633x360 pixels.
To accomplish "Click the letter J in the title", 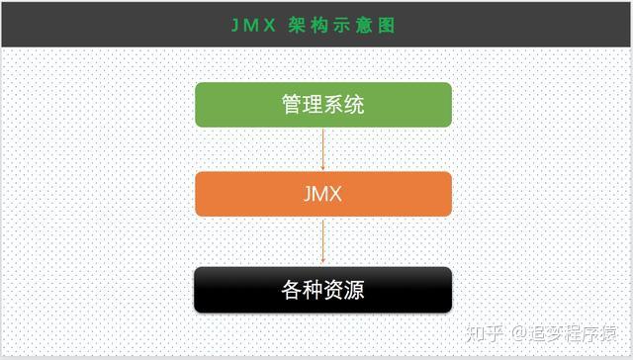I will tap(235, 26).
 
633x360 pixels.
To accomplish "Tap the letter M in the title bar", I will tap(254, 26).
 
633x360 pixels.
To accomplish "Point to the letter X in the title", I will tap(274, 26).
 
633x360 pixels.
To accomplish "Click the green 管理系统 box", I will tap(323, 105).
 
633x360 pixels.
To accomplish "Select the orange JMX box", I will tap(323, 194).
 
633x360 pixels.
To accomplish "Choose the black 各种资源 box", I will tap(323, 290).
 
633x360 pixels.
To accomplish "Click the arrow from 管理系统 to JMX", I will tap(323, 149).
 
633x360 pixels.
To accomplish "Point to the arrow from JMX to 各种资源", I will tap(323, 240).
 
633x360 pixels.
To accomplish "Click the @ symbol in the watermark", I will tap(517, 333).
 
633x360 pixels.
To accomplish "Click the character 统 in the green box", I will tap(354, 105).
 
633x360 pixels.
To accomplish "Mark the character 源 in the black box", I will tap(354, 290).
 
